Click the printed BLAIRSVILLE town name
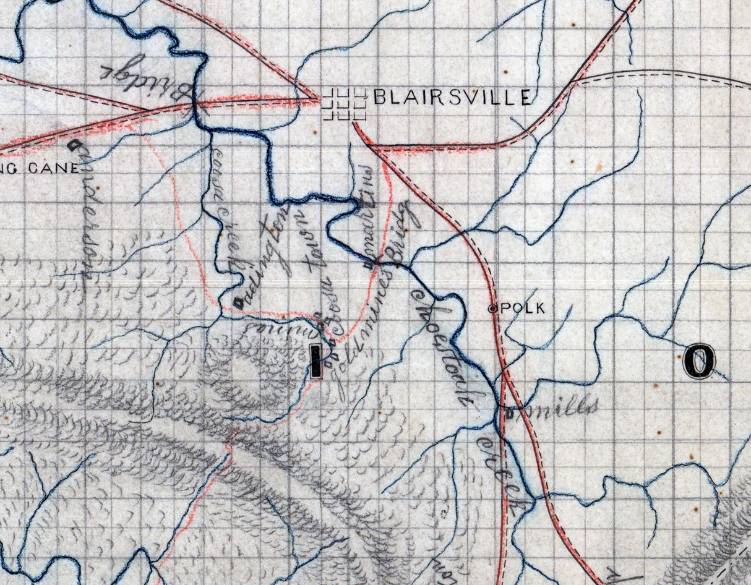click(x=452, y=97)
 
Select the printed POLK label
click(x=523, y=309)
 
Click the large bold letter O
click(x=700, y=361)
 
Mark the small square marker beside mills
click(x=509, y=415)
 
